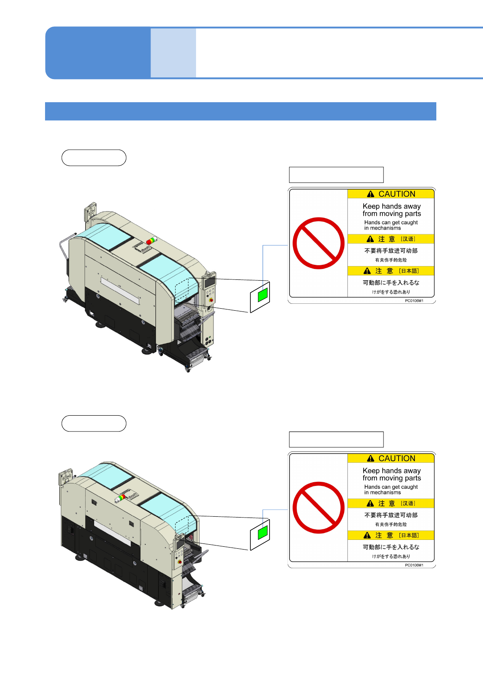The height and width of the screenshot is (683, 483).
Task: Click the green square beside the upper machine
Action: pos(263,295)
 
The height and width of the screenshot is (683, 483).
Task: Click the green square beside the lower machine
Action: pos(263,532)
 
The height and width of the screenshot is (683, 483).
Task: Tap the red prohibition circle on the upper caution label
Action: pos(319,243)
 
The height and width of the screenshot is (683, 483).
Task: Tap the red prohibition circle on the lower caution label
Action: pos(319,508)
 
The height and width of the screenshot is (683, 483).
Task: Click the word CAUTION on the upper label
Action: pos(397,194)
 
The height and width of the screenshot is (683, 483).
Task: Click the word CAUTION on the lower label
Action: pos(397,458)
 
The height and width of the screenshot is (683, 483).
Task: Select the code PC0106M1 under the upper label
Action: pos(414,301)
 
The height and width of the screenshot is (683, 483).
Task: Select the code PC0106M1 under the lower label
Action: pos(414,565)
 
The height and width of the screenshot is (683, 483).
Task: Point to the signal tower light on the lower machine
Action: pos(120,498)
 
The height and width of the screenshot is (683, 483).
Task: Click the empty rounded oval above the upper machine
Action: pos(94,158)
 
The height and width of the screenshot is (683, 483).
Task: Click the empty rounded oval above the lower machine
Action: pos(94,423)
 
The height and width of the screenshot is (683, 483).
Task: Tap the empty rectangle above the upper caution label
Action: pos(336,175)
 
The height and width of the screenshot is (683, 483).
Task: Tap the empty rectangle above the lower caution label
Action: pos(336,439)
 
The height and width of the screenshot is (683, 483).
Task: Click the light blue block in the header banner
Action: pos(173,53)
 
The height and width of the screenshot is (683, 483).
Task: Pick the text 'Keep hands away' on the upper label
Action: pos(392,206)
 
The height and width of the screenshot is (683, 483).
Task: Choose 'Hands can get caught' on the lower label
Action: pos(391,487)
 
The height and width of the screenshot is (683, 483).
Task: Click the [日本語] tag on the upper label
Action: pos(409,271)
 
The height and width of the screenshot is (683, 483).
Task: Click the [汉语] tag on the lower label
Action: pos(408,503)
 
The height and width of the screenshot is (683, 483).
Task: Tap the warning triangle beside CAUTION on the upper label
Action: pos(371,194)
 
